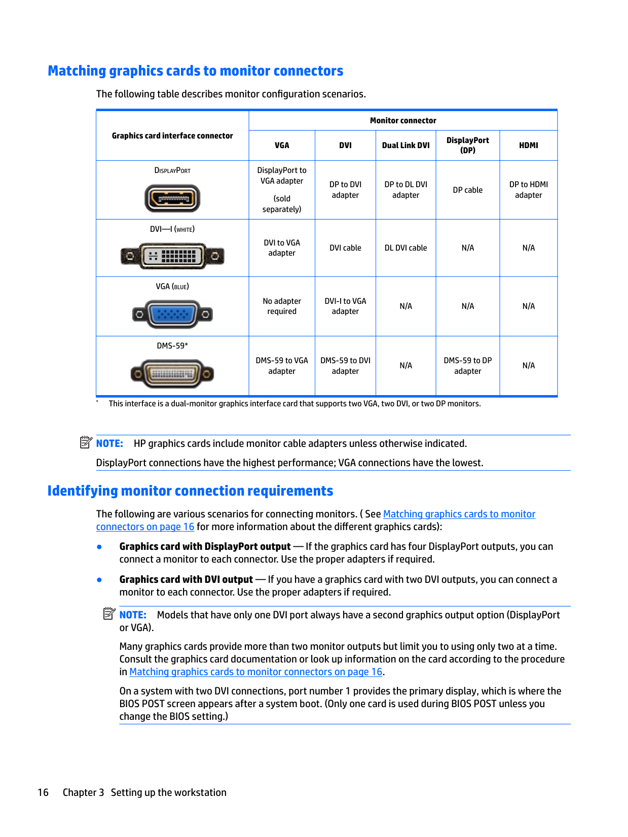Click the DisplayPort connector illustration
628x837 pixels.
click(172, 198)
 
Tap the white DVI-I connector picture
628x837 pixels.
click(172, 256)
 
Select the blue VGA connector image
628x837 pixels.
click(172, 315)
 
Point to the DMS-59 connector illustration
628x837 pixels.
click(172, 374)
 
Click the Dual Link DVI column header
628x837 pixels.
click(405, 146)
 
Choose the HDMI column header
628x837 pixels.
click(528, 146)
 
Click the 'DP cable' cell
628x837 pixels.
click(467, 190)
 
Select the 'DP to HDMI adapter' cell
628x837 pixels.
click(528, 190)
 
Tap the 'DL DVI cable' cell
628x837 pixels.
click(405, 248)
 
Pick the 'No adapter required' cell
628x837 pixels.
click(282, 306)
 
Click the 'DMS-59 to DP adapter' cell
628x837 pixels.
click(467, 366)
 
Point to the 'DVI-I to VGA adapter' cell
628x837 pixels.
click(345, 306)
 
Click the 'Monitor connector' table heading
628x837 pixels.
click(403, 121)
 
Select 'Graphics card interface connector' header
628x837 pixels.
click(172, 136)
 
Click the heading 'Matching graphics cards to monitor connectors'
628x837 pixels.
click(196, 71)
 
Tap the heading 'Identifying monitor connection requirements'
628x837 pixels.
click(190, 491)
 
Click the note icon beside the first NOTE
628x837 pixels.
click(86, 443)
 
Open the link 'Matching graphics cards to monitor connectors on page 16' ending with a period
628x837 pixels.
click(255, 672)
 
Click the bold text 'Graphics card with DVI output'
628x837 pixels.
click(186, 580)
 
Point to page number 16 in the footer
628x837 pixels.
click(43, 793)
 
